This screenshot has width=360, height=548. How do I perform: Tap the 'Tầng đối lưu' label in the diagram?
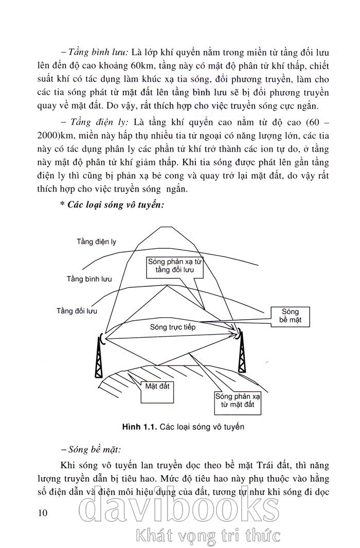pos(77,310)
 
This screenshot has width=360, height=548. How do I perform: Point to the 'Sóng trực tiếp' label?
pos(173,326)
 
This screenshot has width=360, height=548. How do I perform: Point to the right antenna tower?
pos(241,352)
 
